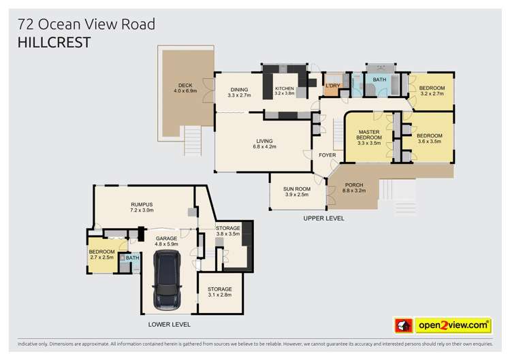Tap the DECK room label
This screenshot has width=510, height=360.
185,86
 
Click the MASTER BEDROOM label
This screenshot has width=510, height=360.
368,137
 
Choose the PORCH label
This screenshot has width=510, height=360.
354,187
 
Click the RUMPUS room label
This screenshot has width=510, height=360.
142,208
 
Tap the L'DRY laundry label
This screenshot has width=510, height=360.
332,86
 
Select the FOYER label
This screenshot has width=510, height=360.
328,155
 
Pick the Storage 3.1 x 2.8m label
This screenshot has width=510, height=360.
220,293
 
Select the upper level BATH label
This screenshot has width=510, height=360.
379,80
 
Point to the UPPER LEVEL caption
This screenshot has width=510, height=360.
323,218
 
